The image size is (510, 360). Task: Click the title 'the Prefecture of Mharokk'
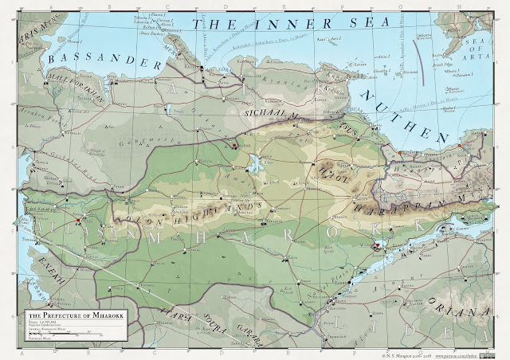[69, 317]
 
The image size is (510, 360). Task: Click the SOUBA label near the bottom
[215, 327]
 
